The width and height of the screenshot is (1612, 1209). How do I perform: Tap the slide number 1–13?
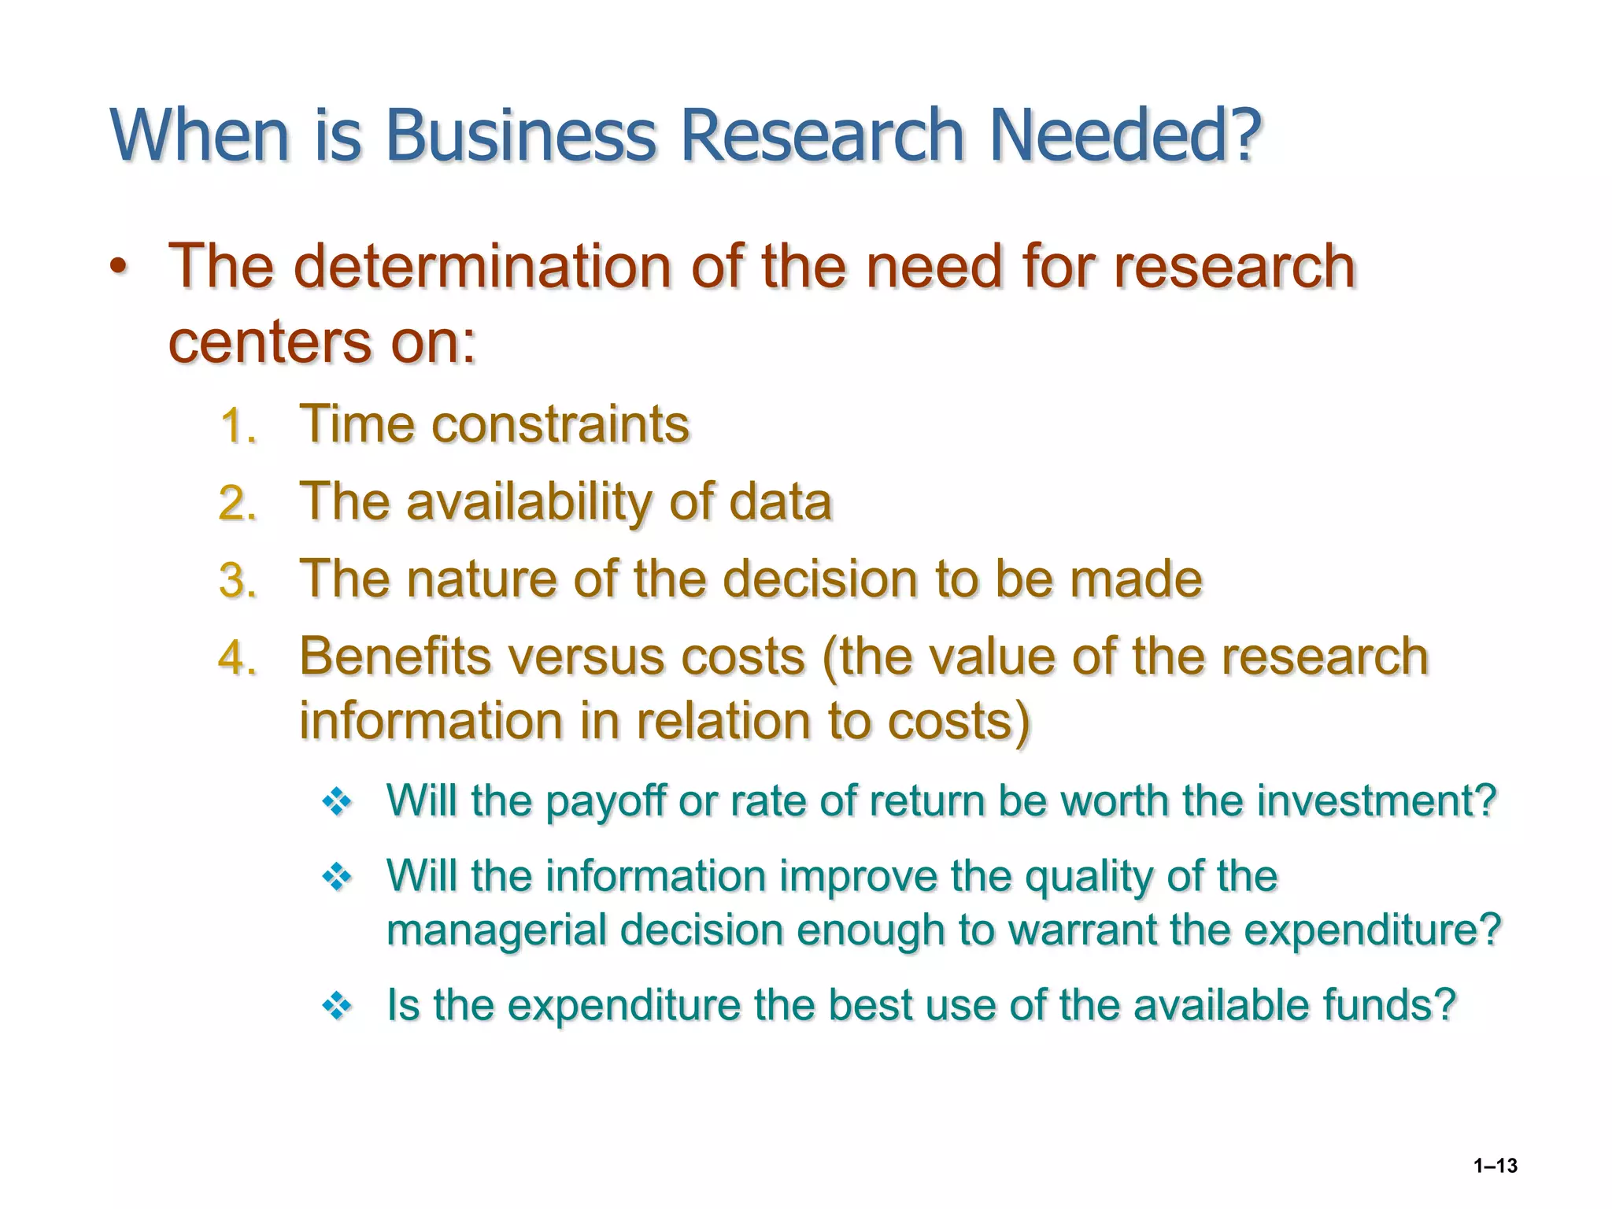click(1496, 1166)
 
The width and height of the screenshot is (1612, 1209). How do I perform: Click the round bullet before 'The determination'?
click(118, 268)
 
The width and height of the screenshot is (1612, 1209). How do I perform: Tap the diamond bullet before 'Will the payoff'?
click(337, 802)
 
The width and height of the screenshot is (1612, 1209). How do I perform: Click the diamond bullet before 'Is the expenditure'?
click(337, 1006)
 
